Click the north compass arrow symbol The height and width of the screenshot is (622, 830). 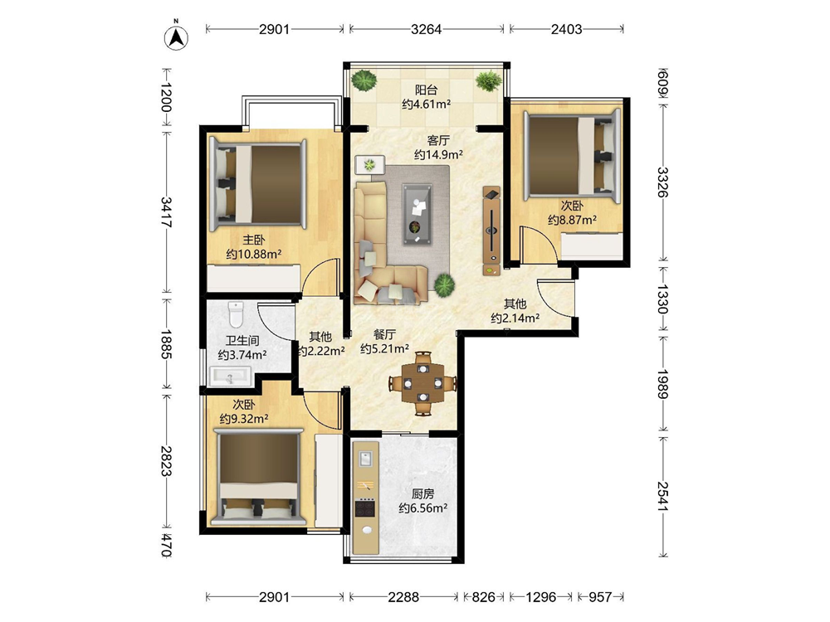pyautogui.click(x=176, y=37)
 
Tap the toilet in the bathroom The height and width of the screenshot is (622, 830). pyautogui.click(x=236, y=314)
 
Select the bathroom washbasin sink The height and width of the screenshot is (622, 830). pyautogui.click(x=231, y=377)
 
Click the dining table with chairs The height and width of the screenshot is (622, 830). pyautogui.click(x=422, y=382)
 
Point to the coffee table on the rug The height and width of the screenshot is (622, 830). pyautogui.click(x=417, y=214)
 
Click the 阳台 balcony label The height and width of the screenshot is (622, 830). pyautogui.click(x=426, y=90)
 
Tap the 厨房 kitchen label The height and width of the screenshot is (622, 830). pyautogui.click(x=423, y=494)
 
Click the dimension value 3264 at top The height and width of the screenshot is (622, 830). pyautogui.click(x=426, y=29)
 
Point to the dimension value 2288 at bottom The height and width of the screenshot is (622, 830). pyautogui.click(x=403, y=597)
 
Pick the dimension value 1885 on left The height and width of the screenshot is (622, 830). pyautogui.click(x=166, y=344)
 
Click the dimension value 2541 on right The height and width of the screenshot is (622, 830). pyautogui.click(x=663, y=496)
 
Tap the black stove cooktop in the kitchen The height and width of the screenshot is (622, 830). pyautogui.click(x=365, y=508)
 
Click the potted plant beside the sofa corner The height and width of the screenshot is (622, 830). pyautogui.click(x=444, y=285)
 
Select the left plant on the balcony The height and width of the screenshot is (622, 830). pyautogui.click(x=364, y=80)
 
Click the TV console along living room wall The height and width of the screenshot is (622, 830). pyautogui.click(x=491, y=231)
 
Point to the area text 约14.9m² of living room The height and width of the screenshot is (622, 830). pyautogui.click(x=438, y=154)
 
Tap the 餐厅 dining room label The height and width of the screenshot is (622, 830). pyautogui.click(x=385, y=335)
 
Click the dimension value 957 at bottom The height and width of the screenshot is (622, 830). pyautogui.click(x=600, y=597)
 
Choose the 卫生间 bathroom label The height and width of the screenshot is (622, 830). pyautogui.click(x=242, y=341)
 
